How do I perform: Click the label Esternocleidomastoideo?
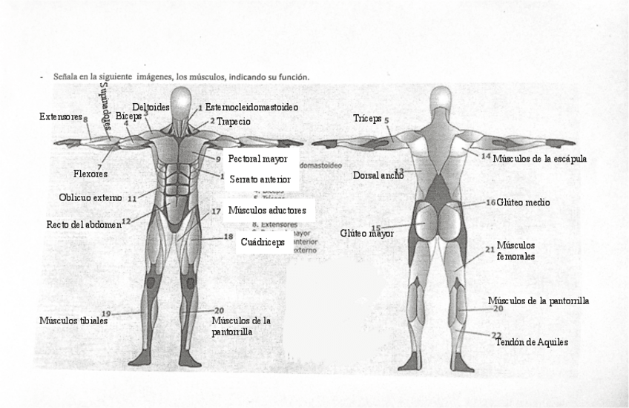pos(251,108)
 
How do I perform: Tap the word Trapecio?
pos(233,122)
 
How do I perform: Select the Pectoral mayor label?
pos(257,159)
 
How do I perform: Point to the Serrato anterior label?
pos(259,180)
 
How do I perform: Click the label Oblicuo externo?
pos(89,197)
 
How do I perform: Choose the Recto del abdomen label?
pos(83,224)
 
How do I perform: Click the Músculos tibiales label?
pos(73,320)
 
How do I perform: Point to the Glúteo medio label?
pos(524,202)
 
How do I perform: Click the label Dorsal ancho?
pos(378,176)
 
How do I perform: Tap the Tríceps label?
pos(367,119)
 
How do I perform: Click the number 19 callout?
pos(106,313)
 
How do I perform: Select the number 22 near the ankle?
pos(496,335)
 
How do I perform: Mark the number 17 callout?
pos(216,211)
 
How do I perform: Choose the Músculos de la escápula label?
pos(540,158)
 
